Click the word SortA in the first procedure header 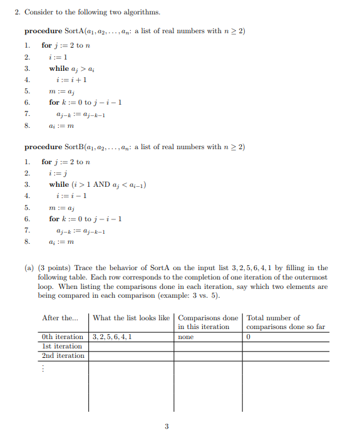(x=75, y=31)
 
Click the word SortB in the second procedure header (x=75, y=147)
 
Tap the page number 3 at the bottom (x=167, y=427)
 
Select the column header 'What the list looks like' (x=131, y=318)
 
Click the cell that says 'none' (x=186, y=337)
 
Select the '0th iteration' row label (x=62, y=337)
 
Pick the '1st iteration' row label (x=61, y=346)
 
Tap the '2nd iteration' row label (x=63, y=355)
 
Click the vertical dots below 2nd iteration (x=43, y=369)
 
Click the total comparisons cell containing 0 (x=249, y=337)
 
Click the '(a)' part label (x=29, y=268)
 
